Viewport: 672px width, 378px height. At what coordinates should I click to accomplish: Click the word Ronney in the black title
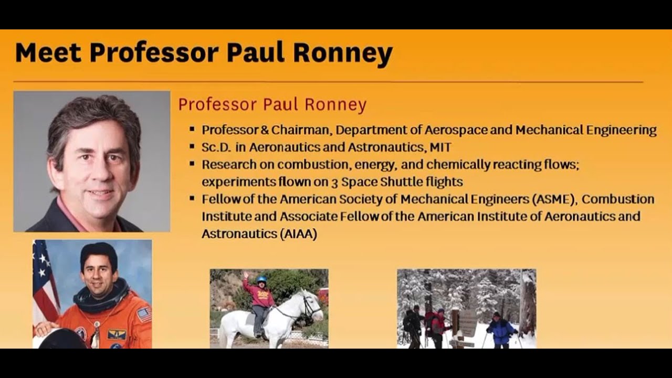coord(342,52)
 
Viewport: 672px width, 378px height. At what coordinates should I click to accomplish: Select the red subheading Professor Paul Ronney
coord(272,104)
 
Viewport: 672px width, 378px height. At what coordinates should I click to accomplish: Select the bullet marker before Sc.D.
coord(192,147)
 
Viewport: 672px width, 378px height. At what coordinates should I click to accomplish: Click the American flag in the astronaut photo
coord(45,283)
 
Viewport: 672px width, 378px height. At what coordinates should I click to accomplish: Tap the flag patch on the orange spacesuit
coord(143,314)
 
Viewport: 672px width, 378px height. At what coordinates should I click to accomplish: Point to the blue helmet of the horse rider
coord(261,279)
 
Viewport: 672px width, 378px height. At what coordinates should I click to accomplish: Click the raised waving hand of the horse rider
coord(245,275)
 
